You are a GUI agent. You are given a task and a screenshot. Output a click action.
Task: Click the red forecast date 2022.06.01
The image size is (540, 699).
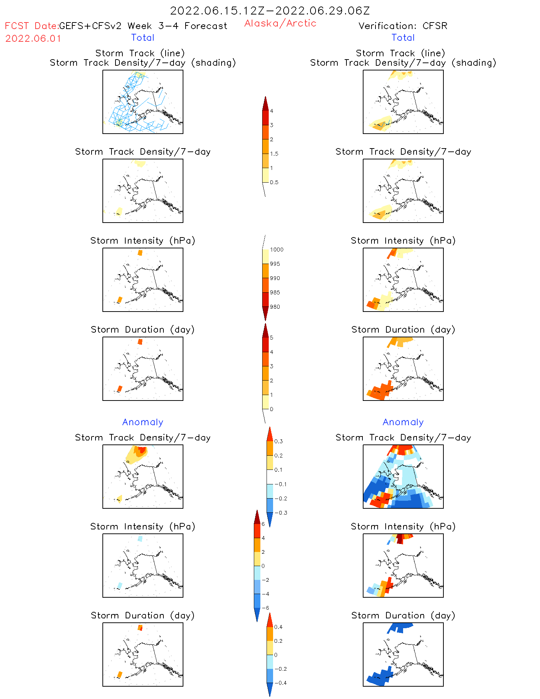[33, 38]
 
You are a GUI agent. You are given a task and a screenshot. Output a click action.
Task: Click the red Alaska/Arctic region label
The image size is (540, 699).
[280, 23]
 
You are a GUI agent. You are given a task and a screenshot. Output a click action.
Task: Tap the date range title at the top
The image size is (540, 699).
[270, 11]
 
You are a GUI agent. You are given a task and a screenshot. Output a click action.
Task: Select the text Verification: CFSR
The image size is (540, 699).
[403, 26]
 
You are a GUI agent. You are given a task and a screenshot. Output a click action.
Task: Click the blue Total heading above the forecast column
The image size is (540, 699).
[143, 37]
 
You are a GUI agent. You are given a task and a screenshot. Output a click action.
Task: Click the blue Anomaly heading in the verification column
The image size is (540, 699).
[403, 422]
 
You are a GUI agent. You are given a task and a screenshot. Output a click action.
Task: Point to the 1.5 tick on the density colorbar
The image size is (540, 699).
[274, 154]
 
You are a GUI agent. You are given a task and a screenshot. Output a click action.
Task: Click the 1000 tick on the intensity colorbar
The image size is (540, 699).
[276, 249]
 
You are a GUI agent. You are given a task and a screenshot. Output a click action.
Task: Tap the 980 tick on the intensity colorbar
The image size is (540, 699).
[275, 307]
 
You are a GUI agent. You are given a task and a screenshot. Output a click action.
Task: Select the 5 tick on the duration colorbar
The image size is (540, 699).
[272, 338]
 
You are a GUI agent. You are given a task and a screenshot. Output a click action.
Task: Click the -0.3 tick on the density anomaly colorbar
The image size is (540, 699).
[280, 513]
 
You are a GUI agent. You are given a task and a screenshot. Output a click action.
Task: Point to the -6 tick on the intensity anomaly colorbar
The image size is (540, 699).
[265, 608]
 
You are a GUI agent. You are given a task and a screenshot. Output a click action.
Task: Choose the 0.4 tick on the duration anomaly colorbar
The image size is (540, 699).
[278, 627]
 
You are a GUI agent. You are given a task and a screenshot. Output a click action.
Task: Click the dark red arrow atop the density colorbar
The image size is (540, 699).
[265, 104]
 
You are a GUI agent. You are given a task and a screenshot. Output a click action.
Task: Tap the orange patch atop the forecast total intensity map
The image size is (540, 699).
[140, 253]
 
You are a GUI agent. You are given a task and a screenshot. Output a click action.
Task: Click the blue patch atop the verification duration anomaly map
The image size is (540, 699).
[400, 627]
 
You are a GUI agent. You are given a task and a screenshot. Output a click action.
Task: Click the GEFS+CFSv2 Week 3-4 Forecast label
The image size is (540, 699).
[143, 26]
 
